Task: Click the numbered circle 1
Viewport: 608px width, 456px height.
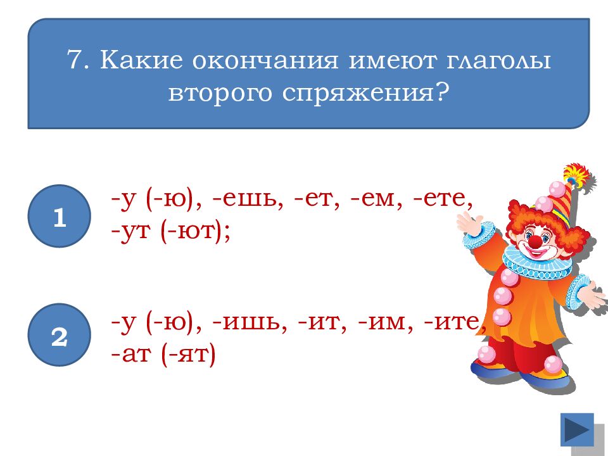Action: tap(60, 217)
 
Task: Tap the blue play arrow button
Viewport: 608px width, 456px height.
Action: tap(577, 429)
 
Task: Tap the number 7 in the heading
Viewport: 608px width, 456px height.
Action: tap(74, 62)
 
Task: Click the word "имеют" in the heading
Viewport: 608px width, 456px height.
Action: tap(383, 62)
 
